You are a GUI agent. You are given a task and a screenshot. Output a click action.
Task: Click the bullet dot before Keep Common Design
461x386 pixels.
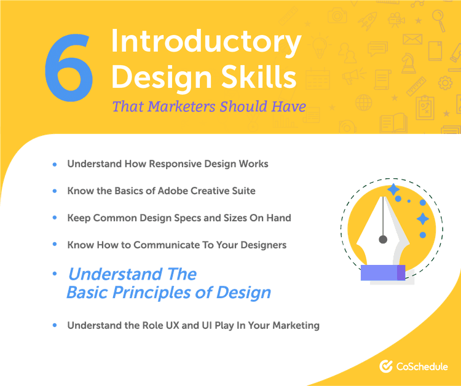point(55,218)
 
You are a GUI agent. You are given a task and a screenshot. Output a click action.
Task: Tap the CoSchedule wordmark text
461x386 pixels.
point(422,366)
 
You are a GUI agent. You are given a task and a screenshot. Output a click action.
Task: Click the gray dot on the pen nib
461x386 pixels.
point(382,238)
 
